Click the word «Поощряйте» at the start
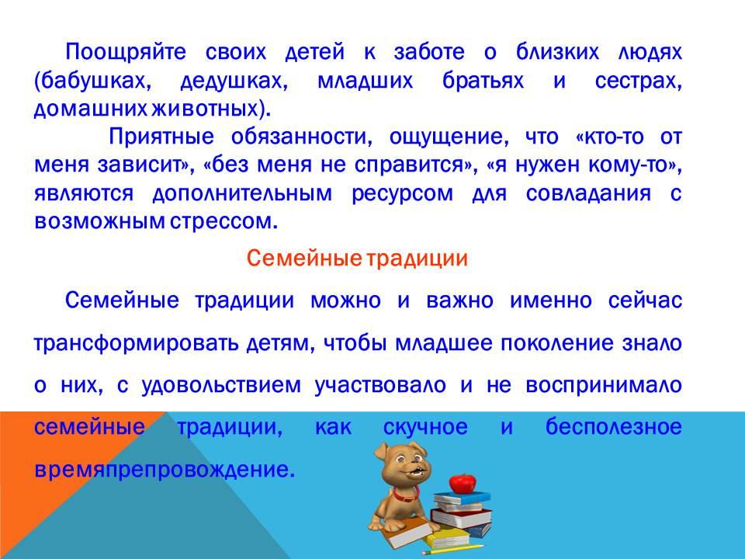click(126, 52)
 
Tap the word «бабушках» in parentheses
click(92, 81)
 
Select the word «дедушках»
click(232, 82)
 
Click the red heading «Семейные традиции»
click(357, 259)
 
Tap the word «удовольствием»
click(221, 386)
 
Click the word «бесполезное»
click(613, 426)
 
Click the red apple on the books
click(463, 483)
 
